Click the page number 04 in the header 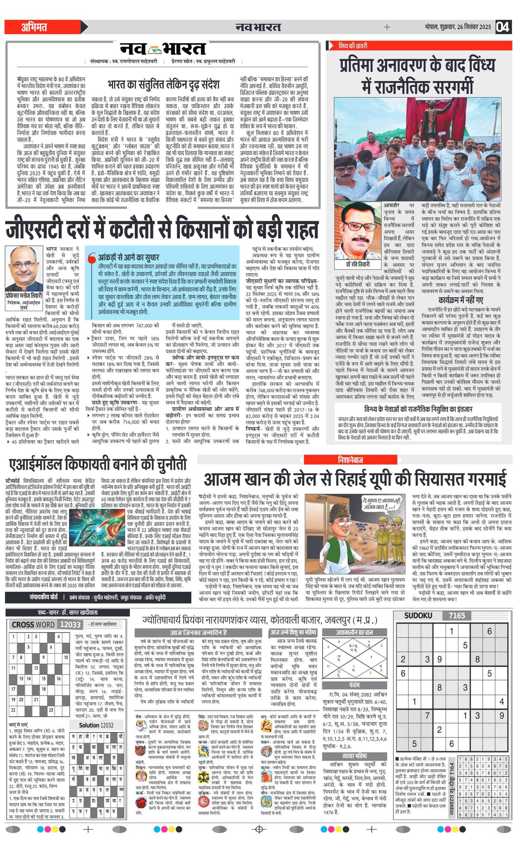point(502,27)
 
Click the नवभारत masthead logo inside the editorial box point(163,49)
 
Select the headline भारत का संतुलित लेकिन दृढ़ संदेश point(163,84)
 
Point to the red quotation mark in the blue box point(92,258)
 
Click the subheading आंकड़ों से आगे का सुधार point(129,257)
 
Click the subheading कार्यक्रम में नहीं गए point(461,300)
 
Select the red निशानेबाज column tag point(350,460)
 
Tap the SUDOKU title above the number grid point(418,616)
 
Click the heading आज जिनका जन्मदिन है point(198,633)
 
